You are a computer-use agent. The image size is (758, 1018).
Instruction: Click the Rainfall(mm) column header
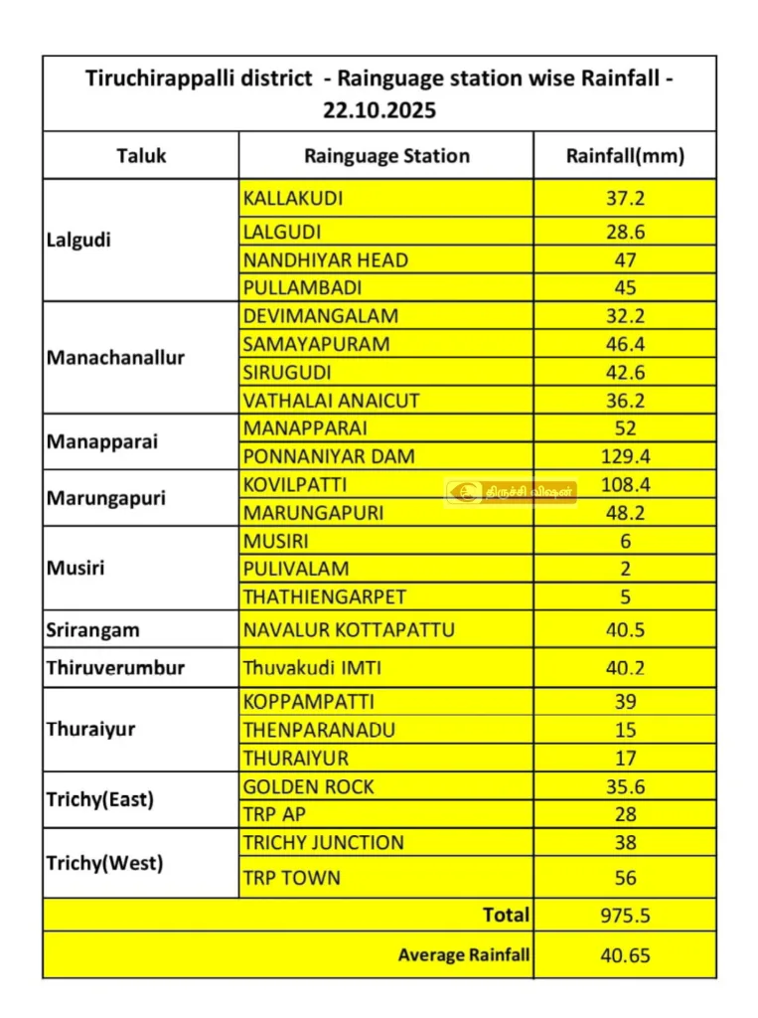pyautogui.click(x=625, y=156)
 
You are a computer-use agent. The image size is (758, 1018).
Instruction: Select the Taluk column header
pyautogui.click(x=141, y=156)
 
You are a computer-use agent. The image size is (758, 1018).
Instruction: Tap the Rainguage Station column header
pyautogui.click(x=386, y=156)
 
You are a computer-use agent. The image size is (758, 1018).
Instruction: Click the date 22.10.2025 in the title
pyautogui.click(x=379, y=110)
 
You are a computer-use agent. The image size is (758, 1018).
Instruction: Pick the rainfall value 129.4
pyautogui.click(x=625, y=457)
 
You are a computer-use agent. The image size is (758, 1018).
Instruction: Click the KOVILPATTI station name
pyautogui.click(x=295, y=485)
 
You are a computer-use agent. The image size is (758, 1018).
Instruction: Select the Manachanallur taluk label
pyautogui.click(x=115, y=358)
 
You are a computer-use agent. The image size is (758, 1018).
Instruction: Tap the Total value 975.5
pyautogui.click(x=625, y=915)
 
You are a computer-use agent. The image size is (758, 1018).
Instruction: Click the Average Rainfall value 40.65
pyautogui.click(x=625, y=955)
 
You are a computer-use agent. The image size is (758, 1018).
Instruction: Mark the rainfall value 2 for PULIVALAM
pyautogui.click(x=625, y=570)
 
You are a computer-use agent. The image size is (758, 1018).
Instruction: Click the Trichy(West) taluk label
pyautogui.click(x=104, y=863)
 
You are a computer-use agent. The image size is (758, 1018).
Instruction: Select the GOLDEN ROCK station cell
pyautogui.click(x=309, y=786)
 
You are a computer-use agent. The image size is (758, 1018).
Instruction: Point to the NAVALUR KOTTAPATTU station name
pyautogui.click(x=349, y=630)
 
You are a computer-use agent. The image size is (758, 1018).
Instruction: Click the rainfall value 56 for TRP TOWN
pyautogui.click(x=625, y=878)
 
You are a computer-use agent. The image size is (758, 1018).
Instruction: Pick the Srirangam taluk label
pyautogui.click(x=93, y=630)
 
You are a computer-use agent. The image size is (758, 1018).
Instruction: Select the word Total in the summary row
pyautogui.click(x=506, y=915)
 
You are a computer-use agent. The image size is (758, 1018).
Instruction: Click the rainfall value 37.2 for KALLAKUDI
pyautogui.click(x=625, y=198)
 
